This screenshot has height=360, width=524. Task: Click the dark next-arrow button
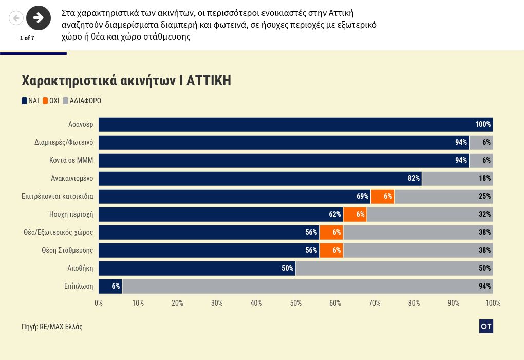coord(39,18)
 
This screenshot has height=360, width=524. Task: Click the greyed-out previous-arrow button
coord(16,18)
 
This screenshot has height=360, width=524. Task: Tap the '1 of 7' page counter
coord(27,38)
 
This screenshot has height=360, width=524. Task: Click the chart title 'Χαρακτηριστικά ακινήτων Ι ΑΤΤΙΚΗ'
coord(126,81)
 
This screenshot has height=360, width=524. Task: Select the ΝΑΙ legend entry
coord(30,101)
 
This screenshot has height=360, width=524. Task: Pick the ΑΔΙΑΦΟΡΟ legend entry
coord(82,101)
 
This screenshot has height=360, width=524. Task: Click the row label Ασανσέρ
coord(81,124)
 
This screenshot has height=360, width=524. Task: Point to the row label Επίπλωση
coord(79,286)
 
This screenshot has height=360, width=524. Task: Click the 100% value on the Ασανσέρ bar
coord(483,124)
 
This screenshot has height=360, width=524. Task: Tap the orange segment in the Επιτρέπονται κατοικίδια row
coord(383,196)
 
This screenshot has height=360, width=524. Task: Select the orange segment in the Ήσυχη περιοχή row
coord(355,214)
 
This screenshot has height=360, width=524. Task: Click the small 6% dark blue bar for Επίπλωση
coord(110,286)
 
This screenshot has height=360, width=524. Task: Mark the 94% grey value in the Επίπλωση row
coord(484,286)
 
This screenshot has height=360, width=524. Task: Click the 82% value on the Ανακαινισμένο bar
coord(414,178)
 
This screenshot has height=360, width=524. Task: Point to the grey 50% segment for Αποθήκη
coord(394,268)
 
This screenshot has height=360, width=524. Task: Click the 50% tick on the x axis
coord(296,303)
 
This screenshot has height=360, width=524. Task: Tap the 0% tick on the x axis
coord(99,303)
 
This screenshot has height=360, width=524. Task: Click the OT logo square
coord(486,326)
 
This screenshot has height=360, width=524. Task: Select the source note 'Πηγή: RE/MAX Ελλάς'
coord(52,327)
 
